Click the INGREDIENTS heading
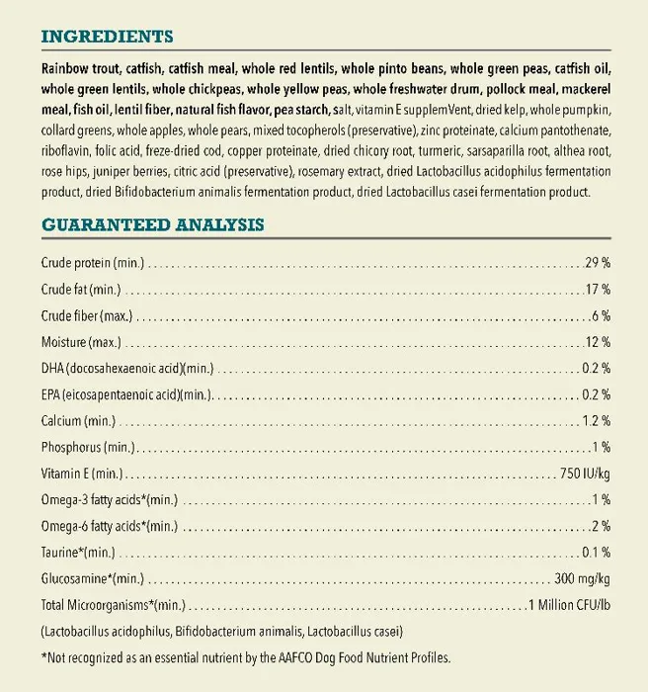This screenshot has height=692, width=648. (107, 38)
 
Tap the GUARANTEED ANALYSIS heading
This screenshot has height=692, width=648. (152, 224)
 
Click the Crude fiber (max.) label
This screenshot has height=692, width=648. (87, 316)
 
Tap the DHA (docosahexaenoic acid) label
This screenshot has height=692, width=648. (126, 369)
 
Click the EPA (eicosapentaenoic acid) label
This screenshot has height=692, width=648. (125, 394)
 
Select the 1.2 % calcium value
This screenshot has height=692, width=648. (596, 421)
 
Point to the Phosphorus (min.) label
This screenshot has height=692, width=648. (90, 447)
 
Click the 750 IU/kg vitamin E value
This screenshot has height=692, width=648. (585, 474)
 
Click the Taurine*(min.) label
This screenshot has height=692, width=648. (78, 552)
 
